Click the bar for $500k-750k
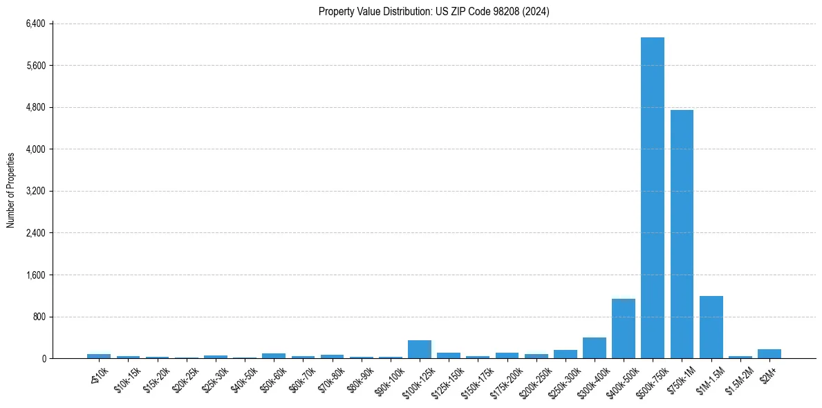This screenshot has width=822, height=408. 652,198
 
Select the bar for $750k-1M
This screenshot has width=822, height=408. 682,234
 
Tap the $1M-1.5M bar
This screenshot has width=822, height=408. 711,327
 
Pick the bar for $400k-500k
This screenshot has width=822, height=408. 623,328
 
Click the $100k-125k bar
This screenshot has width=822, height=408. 419,349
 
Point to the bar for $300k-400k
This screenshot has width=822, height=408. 594,348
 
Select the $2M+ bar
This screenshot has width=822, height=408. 769,353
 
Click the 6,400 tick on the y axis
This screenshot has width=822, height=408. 35,24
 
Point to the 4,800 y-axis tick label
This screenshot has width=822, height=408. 35,107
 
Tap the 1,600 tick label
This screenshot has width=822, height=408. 35,275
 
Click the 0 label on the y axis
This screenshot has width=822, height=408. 43,358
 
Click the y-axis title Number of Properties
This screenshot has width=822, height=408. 11,190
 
